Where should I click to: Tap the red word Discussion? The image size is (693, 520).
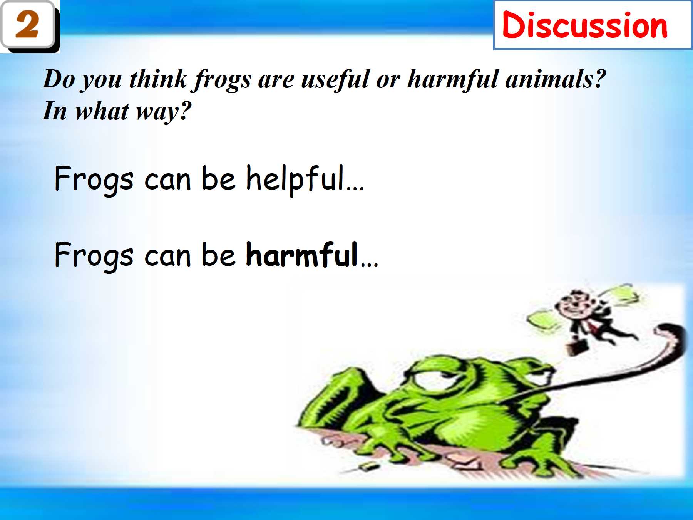pos(585,25)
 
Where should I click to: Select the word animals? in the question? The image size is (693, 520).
pos(556,79)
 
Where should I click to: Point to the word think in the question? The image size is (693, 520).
pos(158,79)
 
